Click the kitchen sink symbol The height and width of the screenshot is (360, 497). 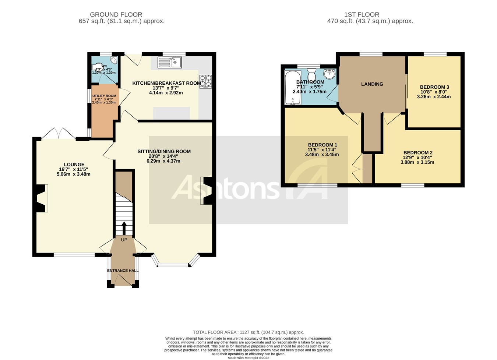pos(170,63)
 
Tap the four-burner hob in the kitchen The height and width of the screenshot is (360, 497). pos(206,81)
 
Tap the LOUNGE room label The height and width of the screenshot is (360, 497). pos(74,165)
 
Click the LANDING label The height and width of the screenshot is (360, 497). pos(372,84)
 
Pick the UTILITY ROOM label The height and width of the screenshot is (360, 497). pos(104,96)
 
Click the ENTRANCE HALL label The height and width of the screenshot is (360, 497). pos(123,271)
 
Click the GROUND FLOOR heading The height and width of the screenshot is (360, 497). pos(116,15)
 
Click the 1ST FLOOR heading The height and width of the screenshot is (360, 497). pos(362,15)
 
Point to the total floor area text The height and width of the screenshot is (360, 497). pos(248,332)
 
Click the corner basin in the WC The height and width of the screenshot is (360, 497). pos(114,61)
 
